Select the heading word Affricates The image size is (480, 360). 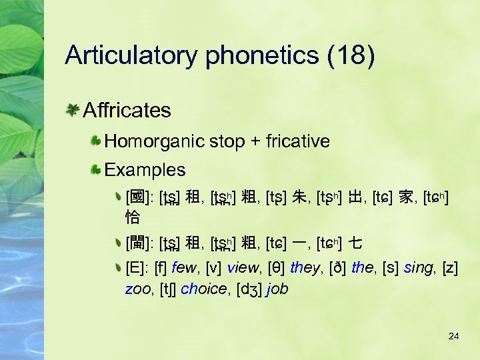pyautogui.click(x=127, y=110)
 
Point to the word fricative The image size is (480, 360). pyautogui.click(x=297, y=141)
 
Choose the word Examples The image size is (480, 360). pyautogui.click(x=145, y=170)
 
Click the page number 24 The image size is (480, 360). pyautogui.click(x=453, y=336)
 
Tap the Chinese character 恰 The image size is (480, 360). pyautogui.click(x=133, y=217)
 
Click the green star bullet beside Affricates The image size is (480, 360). pyautogui.click(x=73, y=110)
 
